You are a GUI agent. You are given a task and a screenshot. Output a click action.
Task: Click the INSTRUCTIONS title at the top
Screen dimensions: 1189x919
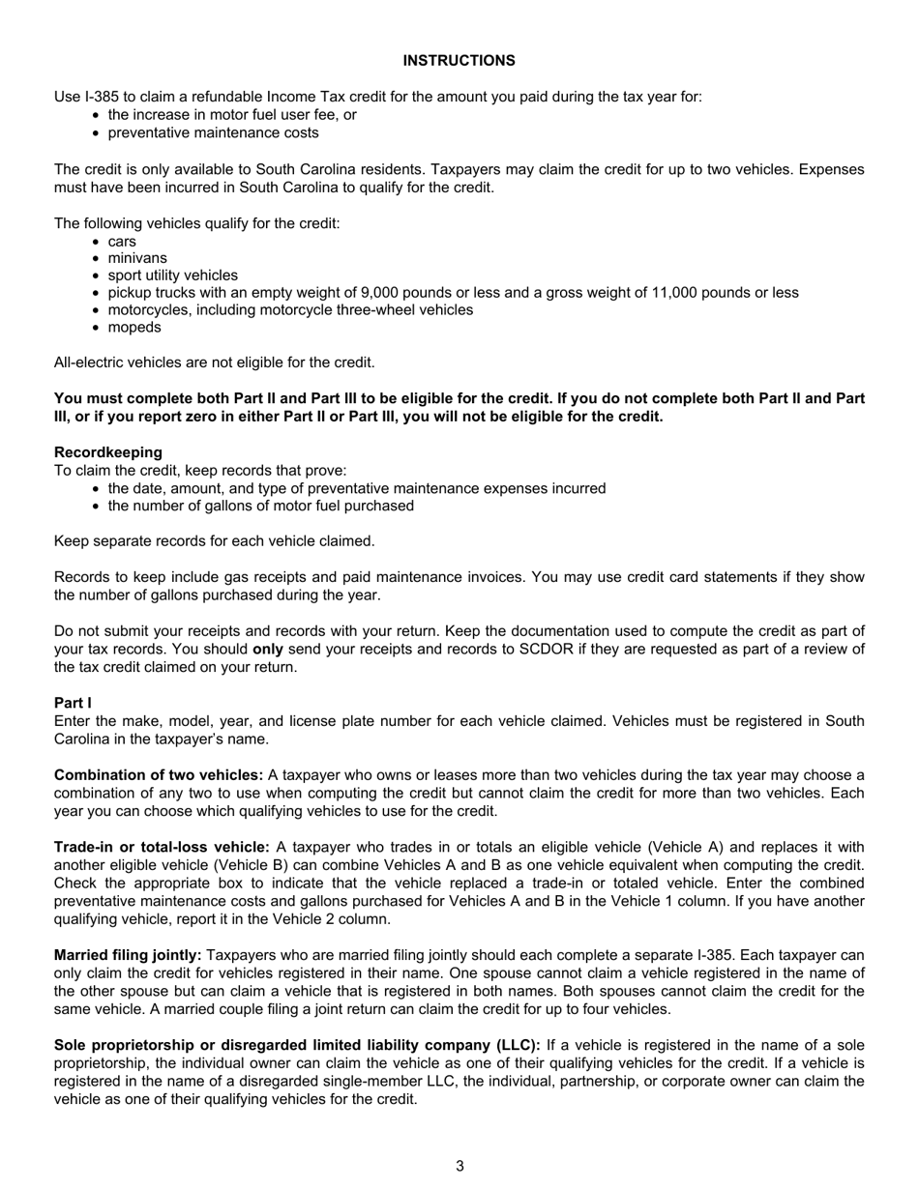(459, 61)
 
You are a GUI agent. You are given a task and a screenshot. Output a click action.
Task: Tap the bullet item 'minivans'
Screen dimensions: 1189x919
(137, 258)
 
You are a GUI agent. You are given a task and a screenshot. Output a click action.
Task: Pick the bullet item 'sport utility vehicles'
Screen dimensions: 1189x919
(172, 275)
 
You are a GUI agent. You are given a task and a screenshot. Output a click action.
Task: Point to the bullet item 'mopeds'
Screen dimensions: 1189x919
(134, 328)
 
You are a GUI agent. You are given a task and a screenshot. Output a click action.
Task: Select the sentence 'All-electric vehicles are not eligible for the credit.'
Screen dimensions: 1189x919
(214, 362)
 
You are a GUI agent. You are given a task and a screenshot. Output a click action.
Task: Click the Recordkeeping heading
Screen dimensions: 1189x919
(108, 452)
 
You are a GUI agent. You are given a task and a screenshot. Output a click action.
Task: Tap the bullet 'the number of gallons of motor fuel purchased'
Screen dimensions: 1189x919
(260, 506)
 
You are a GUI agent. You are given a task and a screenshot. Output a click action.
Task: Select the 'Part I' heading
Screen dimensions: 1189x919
(73, 703)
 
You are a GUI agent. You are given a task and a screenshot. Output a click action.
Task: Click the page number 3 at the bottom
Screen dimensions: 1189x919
(459, 1166)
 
